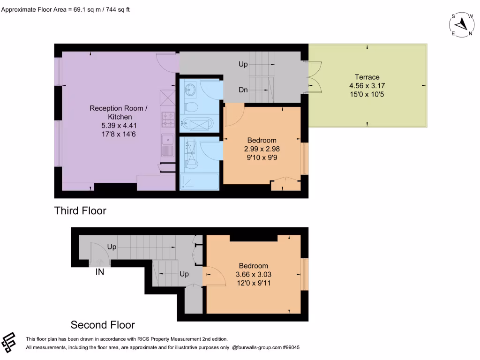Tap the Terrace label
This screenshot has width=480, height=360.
tap(367, 77)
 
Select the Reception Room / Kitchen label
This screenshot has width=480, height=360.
tap(118, 112)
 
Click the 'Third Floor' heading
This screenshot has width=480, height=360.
tap(80, 211)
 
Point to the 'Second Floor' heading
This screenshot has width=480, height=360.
tap(103, 325)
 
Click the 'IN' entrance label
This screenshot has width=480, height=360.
tap(100, 271)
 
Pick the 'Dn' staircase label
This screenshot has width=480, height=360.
tap(243, 90)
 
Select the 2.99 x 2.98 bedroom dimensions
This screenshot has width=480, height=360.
tap(262, 149)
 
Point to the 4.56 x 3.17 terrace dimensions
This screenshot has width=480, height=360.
tap(367, 86)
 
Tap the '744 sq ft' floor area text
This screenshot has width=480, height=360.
tap(117, 9)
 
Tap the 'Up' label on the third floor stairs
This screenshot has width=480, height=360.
tap(243, 64)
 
